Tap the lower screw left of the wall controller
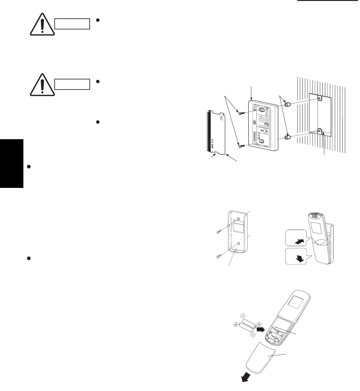click(x=241, y=146)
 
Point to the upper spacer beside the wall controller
click(x=287, y=105)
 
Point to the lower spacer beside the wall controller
click(x=287, y=138)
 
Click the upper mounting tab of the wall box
click(x=320, y=98)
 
